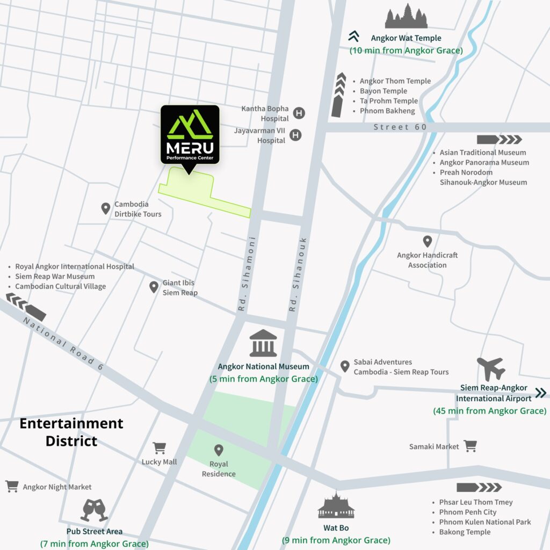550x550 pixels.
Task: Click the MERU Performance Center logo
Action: [x=190, y=135]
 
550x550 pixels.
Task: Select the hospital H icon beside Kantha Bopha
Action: [x=299, y=113]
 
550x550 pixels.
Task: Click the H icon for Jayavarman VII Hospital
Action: [x=295, y=135]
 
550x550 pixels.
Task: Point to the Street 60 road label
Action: [x=400, y=127]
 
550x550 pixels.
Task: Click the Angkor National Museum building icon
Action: [x=263, y=344]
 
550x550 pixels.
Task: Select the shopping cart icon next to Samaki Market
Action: [x=471, y=446]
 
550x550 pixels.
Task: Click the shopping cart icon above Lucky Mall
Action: [x=159, y=447]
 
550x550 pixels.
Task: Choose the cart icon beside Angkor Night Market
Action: [x=12, y=487]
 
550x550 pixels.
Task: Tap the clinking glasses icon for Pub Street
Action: [x=94, y=510]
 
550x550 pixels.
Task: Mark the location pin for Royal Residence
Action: [x=219, y=450]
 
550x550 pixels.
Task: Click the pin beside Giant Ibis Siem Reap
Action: [x=154, y=287]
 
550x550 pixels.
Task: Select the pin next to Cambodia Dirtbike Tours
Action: [x=106, y=208]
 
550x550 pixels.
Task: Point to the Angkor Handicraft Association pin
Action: [x=427, y=241]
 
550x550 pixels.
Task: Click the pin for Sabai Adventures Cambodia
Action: [x=345, y=366]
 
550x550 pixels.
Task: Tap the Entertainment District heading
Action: [x=71, y=432]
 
